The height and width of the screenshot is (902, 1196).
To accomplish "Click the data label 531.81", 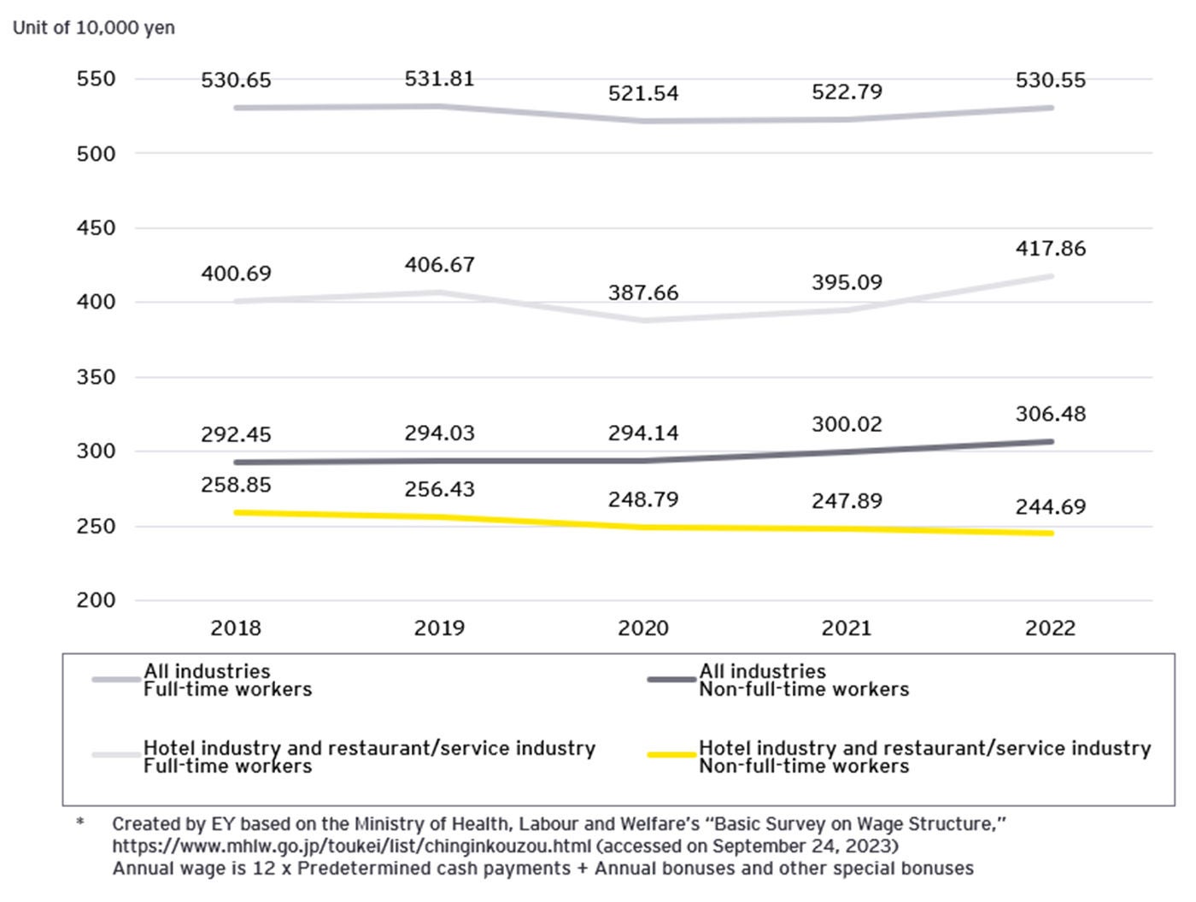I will [x=439, y=79].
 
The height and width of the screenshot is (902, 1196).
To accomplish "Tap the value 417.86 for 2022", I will [x=1050, y=249].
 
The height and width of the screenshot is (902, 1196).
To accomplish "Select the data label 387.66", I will [x=643, y=293].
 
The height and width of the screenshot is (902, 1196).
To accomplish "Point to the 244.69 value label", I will [x=1050, y=507].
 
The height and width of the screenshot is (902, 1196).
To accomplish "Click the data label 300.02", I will [x=847, y=425].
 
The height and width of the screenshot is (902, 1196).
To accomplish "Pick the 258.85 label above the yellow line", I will [x=236, y=486].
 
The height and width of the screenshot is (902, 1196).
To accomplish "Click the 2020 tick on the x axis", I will [x=643, y=628].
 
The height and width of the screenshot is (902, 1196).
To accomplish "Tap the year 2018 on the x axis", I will [x=236, y=628].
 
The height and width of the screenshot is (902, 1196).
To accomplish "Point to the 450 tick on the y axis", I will [x=96, y=228].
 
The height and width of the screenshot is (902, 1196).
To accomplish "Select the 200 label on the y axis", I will [x=96, y=600].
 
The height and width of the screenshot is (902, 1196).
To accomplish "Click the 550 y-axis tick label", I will [x=96, y=80].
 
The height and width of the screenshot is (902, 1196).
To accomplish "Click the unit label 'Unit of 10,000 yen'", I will [x=94, y=27].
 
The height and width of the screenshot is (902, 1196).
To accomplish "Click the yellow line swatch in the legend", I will [x=671, y=755].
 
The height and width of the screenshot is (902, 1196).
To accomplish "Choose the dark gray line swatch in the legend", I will [x=671, y=680].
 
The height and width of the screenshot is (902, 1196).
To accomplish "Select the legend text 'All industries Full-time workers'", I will [x=227, y=681].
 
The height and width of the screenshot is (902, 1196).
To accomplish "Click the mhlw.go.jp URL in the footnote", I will [x=351, y=846].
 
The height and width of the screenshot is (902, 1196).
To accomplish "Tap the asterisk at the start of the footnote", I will [x=80, y=823].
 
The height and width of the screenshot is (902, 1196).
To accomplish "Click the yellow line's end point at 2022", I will [x=1050, y=534].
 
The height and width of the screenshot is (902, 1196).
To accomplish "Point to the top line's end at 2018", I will [x=237, y=108].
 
